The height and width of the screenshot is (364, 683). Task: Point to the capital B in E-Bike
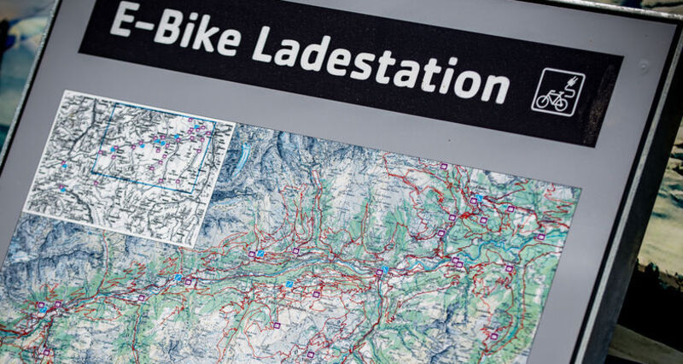point(163,32)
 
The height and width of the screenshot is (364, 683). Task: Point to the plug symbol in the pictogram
point(571,81)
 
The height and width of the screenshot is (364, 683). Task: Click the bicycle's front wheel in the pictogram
point(569,102)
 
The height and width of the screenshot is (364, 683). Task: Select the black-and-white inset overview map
point(128,167)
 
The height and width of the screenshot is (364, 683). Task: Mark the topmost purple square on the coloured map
point(443,166)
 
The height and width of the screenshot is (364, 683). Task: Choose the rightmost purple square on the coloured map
point(540,237)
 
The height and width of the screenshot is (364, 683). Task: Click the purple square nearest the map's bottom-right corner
point(493,336)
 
